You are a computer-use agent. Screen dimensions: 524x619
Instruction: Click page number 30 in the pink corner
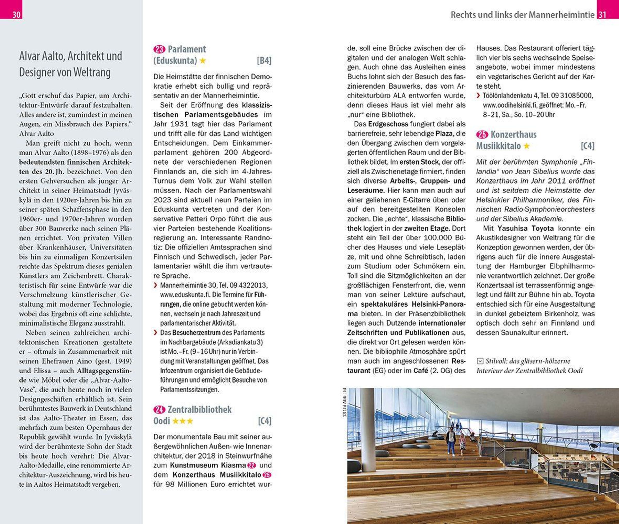coord(16,14)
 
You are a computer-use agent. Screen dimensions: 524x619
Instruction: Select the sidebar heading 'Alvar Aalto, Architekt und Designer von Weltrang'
coord(70,64)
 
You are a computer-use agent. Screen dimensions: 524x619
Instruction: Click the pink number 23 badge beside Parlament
coord(159,49)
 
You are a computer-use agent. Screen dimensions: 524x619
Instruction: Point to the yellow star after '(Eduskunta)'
coord(203,61)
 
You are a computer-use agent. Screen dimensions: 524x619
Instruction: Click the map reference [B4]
coord(264,61)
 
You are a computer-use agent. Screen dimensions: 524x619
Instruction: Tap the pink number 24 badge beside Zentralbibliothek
coord(159,410)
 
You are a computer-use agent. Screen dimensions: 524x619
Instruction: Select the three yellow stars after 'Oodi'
coord(183,421)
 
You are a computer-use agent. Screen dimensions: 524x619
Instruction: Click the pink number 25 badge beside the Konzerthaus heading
coord(482,134)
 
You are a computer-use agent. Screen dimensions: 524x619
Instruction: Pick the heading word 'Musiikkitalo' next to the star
coord(498,146)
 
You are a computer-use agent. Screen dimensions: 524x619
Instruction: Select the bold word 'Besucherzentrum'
coord(196,332)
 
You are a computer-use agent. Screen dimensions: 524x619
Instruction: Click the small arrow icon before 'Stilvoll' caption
coord(479,361)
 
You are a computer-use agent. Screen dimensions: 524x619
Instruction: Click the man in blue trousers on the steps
coord(451,441)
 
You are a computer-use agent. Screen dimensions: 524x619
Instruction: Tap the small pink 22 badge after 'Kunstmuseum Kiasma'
coord(251,465)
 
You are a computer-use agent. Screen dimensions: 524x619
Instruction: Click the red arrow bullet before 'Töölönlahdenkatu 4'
coord(478,96)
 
